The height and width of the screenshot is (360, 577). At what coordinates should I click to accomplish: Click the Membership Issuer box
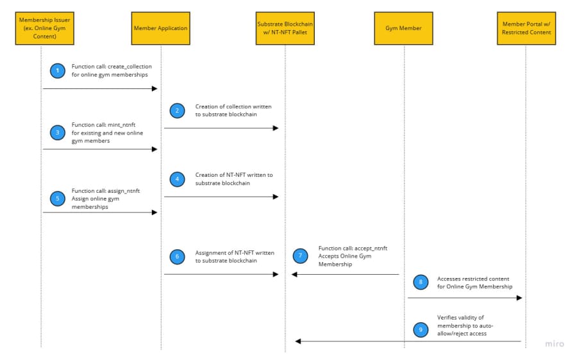[44, 28]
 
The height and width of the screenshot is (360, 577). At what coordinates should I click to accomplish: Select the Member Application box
[161, 28]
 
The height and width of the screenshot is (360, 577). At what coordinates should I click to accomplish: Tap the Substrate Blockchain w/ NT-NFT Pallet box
[285, 28]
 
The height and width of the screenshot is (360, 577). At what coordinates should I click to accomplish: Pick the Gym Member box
[404, 28]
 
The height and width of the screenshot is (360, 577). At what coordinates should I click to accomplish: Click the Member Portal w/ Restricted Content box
[526, 28]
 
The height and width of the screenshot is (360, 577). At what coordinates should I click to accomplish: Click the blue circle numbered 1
[58, 70]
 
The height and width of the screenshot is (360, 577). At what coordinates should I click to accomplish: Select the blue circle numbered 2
[178, 111]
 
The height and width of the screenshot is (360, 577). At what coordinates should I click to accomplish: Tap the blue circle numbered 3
[58, 133]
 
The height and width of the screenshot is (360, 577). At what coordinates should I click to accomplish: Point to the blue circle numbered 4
[178, 179]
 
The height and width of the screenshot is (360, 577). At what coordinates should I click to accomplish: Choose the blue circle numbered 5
[58, 199]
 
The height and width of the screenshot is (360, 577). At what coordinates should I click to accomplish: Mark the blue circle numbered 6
[178, 257]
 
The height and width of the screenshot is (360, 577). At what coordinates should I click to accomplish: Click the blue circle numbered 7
[300, 256]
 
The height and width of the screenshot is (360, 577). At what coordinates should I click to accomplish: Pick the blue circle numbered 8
[421, 282]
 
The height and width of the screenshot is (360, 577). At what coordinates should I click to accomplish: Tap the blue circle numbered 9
[421, 330]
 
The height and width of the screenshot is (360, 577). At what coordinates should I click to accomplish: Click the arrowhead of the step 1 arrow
[155, 88]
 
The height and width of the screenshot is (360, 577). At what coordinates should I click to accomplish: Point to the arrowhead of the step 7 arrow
[294, 274]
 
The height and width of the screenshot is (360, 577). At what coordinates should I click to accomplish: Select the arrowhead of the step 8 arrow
[519, 298]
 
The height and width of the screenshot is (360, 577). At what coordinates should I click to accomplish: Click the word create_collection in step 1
[130, 67]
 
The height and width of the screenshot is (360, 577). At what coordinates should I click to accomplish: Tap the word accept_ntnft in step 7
[371, 248]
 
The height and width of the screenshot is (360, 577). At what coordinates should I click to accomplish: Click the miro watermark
[555, 344]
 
